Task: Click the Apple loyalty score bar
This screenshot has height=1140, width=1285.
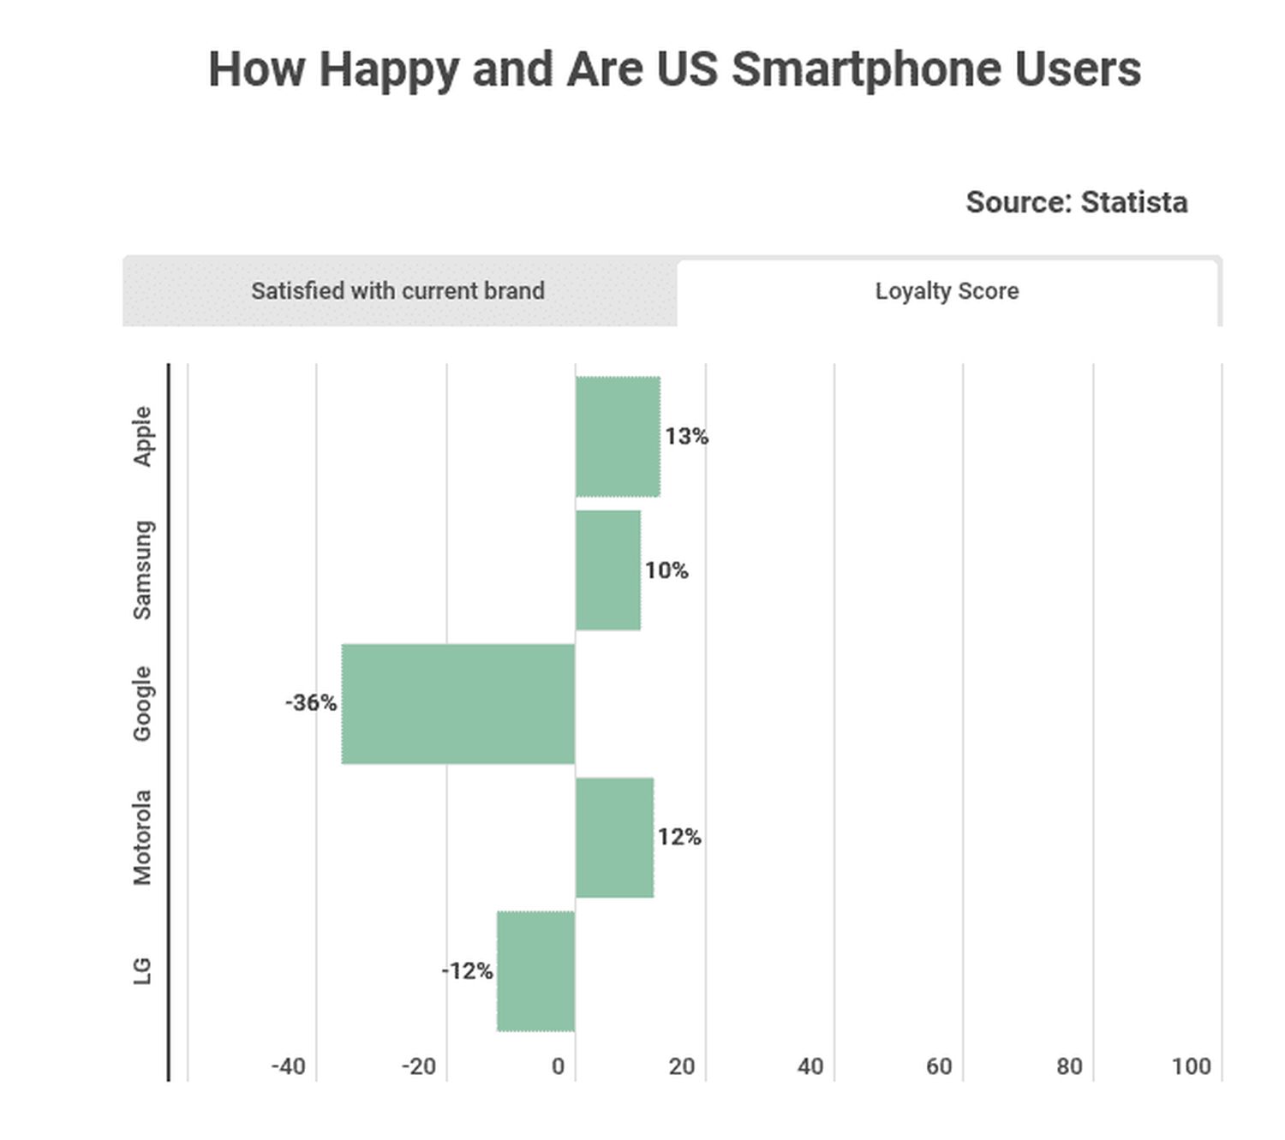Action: tap(618, 437)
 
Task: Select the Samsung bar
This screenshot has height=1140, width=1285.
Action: tap(608, 570)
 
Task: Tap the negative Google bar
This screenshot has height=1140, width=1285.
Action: tap(458, 703)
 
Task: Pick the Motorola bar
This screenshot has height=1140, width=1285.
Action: tap(614, 838)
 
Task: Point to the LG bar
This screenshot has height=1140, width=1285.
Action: tap(536, 971)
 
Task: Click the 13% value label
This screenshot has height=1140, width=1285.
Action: tap(687, 437)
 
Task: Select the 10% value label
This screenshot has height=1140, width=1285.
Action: tap(666, 570)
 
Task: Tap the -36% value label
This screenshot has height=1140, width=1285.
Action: tap(311, 703)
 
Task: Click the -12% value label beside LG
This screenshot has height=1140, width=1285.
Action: tap(467, 971)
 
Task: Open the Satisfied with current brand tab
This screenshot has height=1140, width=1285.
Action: tap(398, 291)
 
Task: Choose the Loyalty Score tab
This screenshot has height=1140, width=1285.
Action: tap(947, 291)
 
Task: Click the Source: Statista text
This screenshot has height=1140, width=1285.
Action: tap(1076, 202)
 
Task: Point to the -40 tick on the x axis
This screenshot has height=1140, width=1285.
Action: tap(288, 1066)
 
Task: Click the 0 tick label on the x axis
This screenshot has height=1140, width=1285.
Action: tap(559, 1066)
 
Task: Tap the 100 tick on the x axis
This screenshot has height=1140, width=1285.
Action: tap(1191, 1066)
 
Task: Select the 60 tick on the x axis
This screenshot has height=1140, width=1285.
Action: tap(939, 1066)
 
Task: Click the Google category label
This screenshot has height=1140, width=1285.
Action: tap(142, 703)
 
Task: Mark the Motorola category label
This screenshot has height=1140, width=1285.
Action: tap(142, 837)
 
